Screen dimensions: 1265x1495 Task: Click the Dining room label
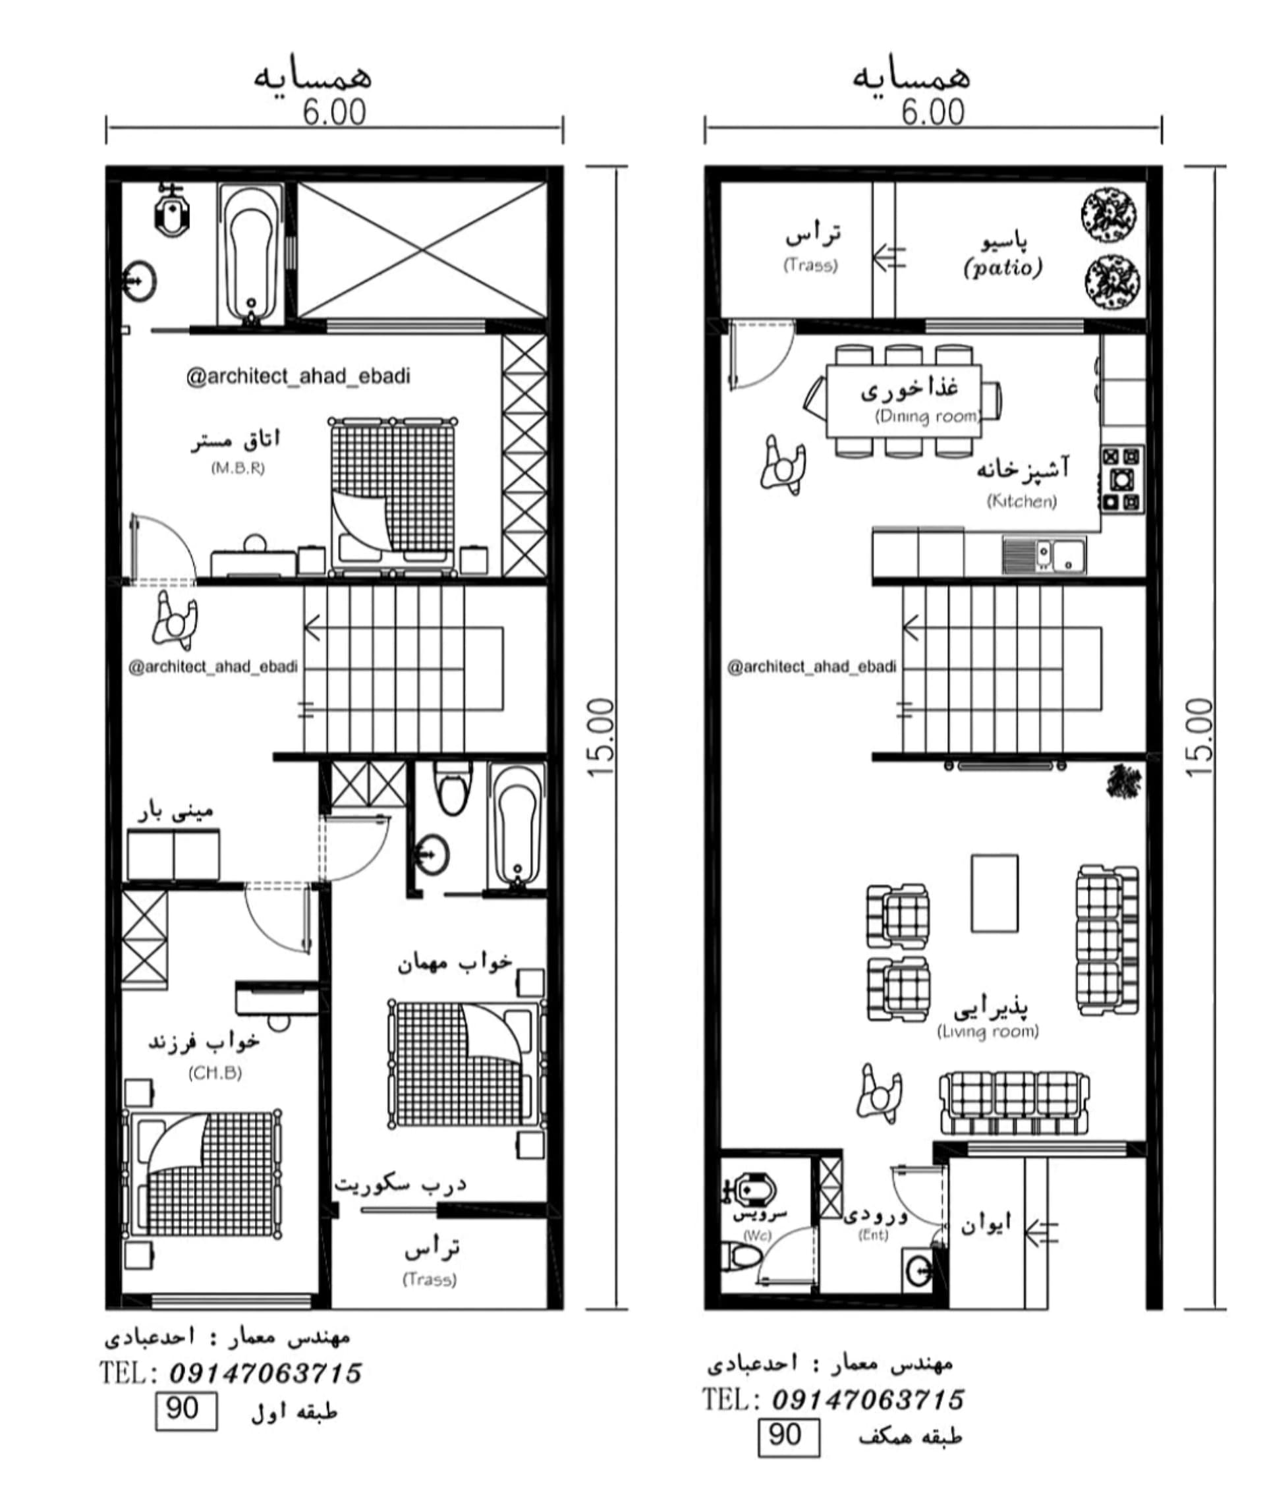(x=926, y=416)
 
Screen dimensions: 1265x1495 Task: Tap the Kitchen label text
(x=1022, y=501)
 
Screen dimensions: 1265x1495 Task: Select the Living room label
(x=988, y=1032)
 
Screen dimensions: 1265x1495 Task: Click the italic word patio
(x=1003, y=268)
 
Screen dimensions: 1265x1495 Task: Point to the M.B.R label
(x=238, y=468)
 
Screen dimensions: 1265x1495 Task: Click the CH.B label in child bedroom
(x=215, y=1073)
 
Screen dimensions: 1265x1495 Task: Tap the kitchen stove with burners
(x=1123, y=479)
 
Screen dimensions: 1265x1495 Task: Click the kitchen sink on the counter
(x=1045, y=555)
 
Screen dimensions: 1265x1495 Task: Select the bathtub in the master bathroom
(x=251, y=254)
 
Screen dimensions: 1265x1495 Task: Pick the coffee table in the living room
(x=995, y=893)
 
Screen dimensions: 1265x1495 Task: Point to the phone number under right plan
(x=868, y=1399)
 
